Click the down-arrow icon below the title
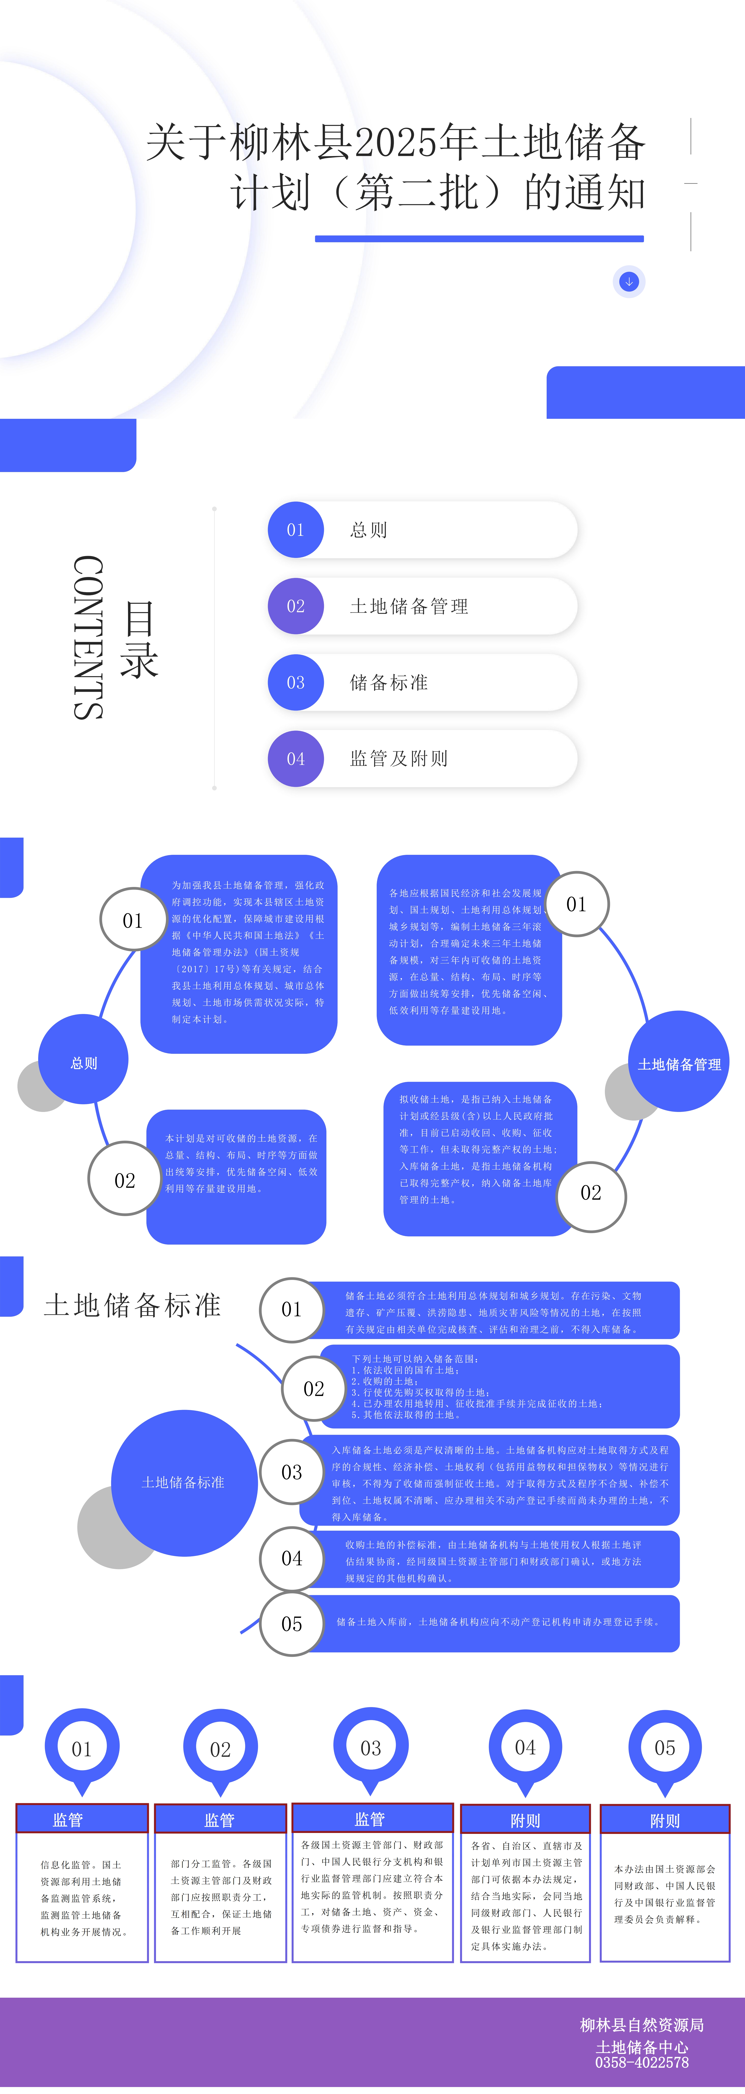[629, 281]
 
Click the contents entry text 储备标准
[389, 683]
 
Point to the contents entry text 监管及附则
[399, 758]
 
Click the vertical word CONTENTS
[88, 638]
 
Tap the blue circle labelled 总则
[84, 1062]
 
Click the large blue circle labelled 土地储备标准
[184, 1482]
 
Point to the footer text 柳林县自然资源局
[642, 2025]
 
